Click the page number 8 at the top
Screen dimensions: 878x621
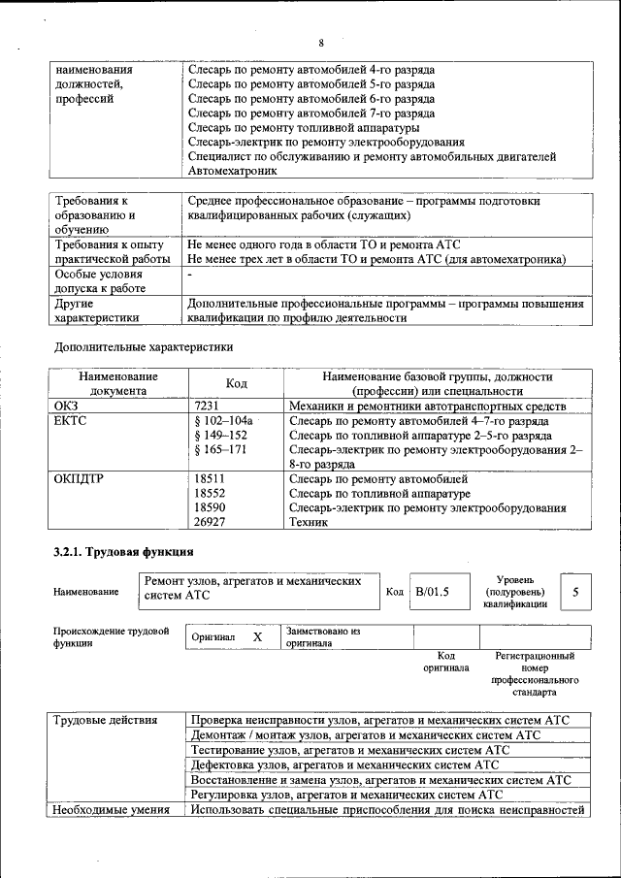(320, 44)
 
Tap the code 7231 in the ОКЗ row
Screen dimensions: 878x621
(208, 406)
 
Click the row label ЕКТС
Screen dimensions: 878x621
(69, 421)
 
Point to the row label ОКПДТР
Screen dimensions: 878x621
(79, 479)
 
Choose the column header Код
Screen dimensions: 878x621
(236, 383)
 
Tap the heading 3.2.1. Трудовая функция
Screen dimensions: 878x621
(122, 553)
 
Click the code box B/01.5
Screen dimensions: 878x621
(433, 592)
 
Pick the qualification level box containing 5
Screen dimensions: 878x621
(575, 592)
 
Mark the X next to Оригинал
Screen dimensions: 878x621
(257, 637)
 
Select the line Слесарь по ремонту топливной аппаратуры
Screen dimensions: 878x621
(304, 127)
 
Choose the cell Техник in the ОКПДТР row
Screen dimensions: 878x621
(310, 522)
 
